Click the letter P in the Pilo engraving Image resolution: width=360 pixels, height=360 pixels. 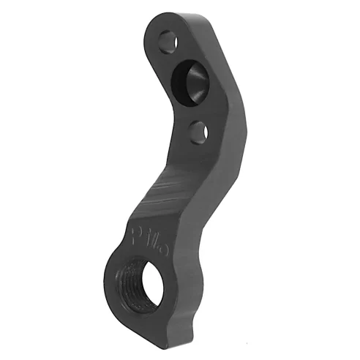pyautogui.click(x=137, y=235)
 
